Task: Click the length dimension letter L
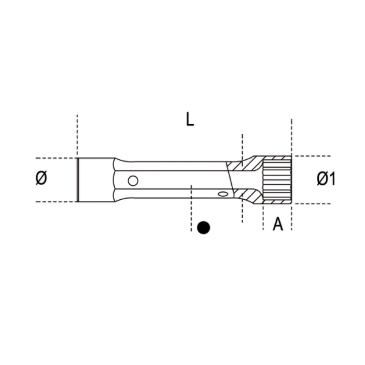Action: coord(189,120)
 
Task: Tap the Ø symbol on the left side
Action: coord(42,178)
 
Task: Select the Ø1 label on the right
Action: coord(326,179)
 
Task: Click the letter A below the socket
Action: coord(278,224)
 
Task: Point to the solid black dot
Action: coord(203,228)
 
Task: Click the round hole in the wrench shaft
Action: coord(133,180)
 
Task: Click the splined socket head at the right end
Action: coord(277,180)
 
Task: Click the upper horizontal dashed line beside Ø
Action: coord(55,158)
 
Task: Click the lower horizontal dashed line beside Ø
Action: coord(55,201)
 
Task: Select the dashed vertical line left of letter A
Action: coord(263,217)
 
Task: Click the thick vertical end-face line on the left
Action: coord(78,179)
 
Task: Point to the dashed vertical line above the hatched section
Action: coord(242,146)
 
